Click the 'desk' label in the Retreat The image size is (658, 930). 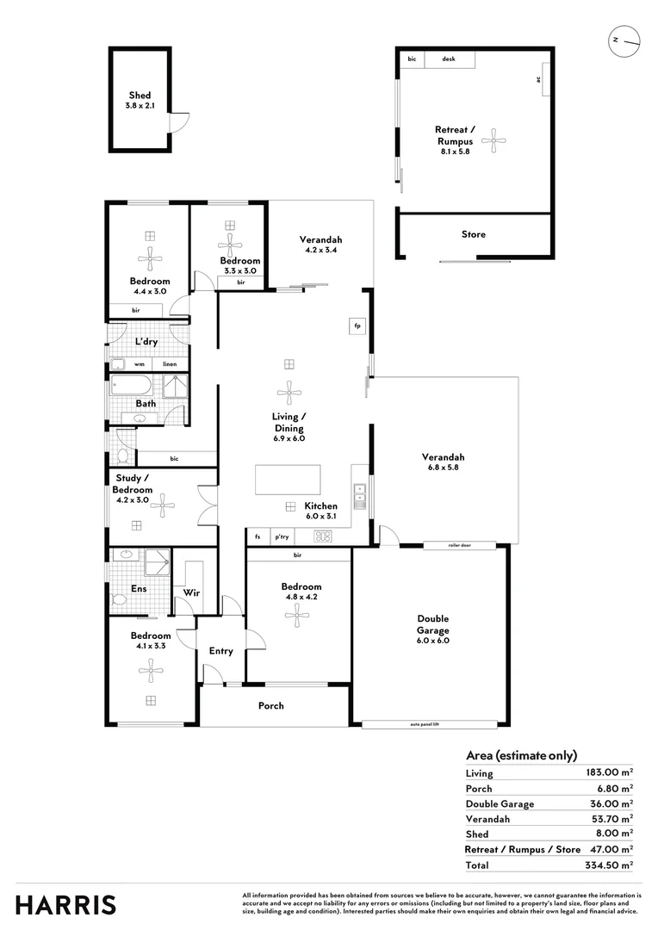(449, 59)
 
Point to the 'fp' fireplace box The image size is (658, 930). (357, 325)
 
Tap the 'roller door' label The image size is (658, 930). (459, 545)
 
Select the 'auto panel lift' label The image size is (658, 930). (431, 725)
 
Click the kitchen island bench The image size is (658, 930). (288, 480)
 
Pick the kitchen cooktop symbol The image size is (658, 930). (324, 536)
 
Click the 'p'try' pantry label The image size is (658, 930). (282, 536)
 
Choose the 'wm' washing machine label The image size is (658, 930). (139, 364)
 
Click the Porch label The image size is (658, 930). (271, 706)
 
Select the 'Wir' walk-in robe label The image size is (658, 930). (193, 593)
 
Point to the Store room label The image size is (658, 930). (473, 234)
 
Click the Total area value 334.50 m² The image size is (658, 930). (609, 865)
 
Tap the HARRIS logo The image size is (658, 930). (65, 905)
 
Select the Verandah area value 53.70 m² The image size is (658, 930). (612, 819)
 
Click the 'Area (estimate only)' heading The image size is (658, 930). (521, 755)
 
